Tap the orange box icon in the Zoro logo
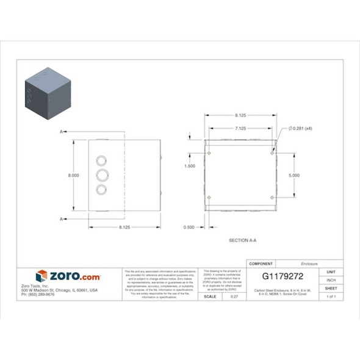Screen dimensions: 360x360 pyautogui.click(x=41, y=276)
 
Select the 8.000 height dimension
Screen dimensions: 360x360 pyautogui.click(x=73, y=175)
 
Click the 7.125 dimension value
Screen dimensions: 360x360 pyautogui.click(x=240, y=128)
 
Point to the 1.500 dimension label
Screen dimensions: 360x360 pyautogui.click(x=190, y=165)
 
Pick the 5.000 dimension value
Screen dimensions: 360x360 pyautogui.click(x=294, y=175)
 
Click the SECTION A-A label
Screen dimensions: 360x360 pyautogui.click(x=242, y=241)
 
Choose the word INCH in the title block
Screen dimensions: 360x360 pyautogui.click(x=331, y=279)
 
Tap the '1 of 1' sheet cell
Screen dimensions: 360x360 pyautogui.click(x=331, y=296)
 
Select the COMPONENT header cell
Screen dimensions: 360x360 pyautogui.click(x=257, y=264)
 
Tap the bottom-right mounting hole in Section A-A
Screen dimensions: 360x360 pyautogui.click(x=272, y=198)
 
